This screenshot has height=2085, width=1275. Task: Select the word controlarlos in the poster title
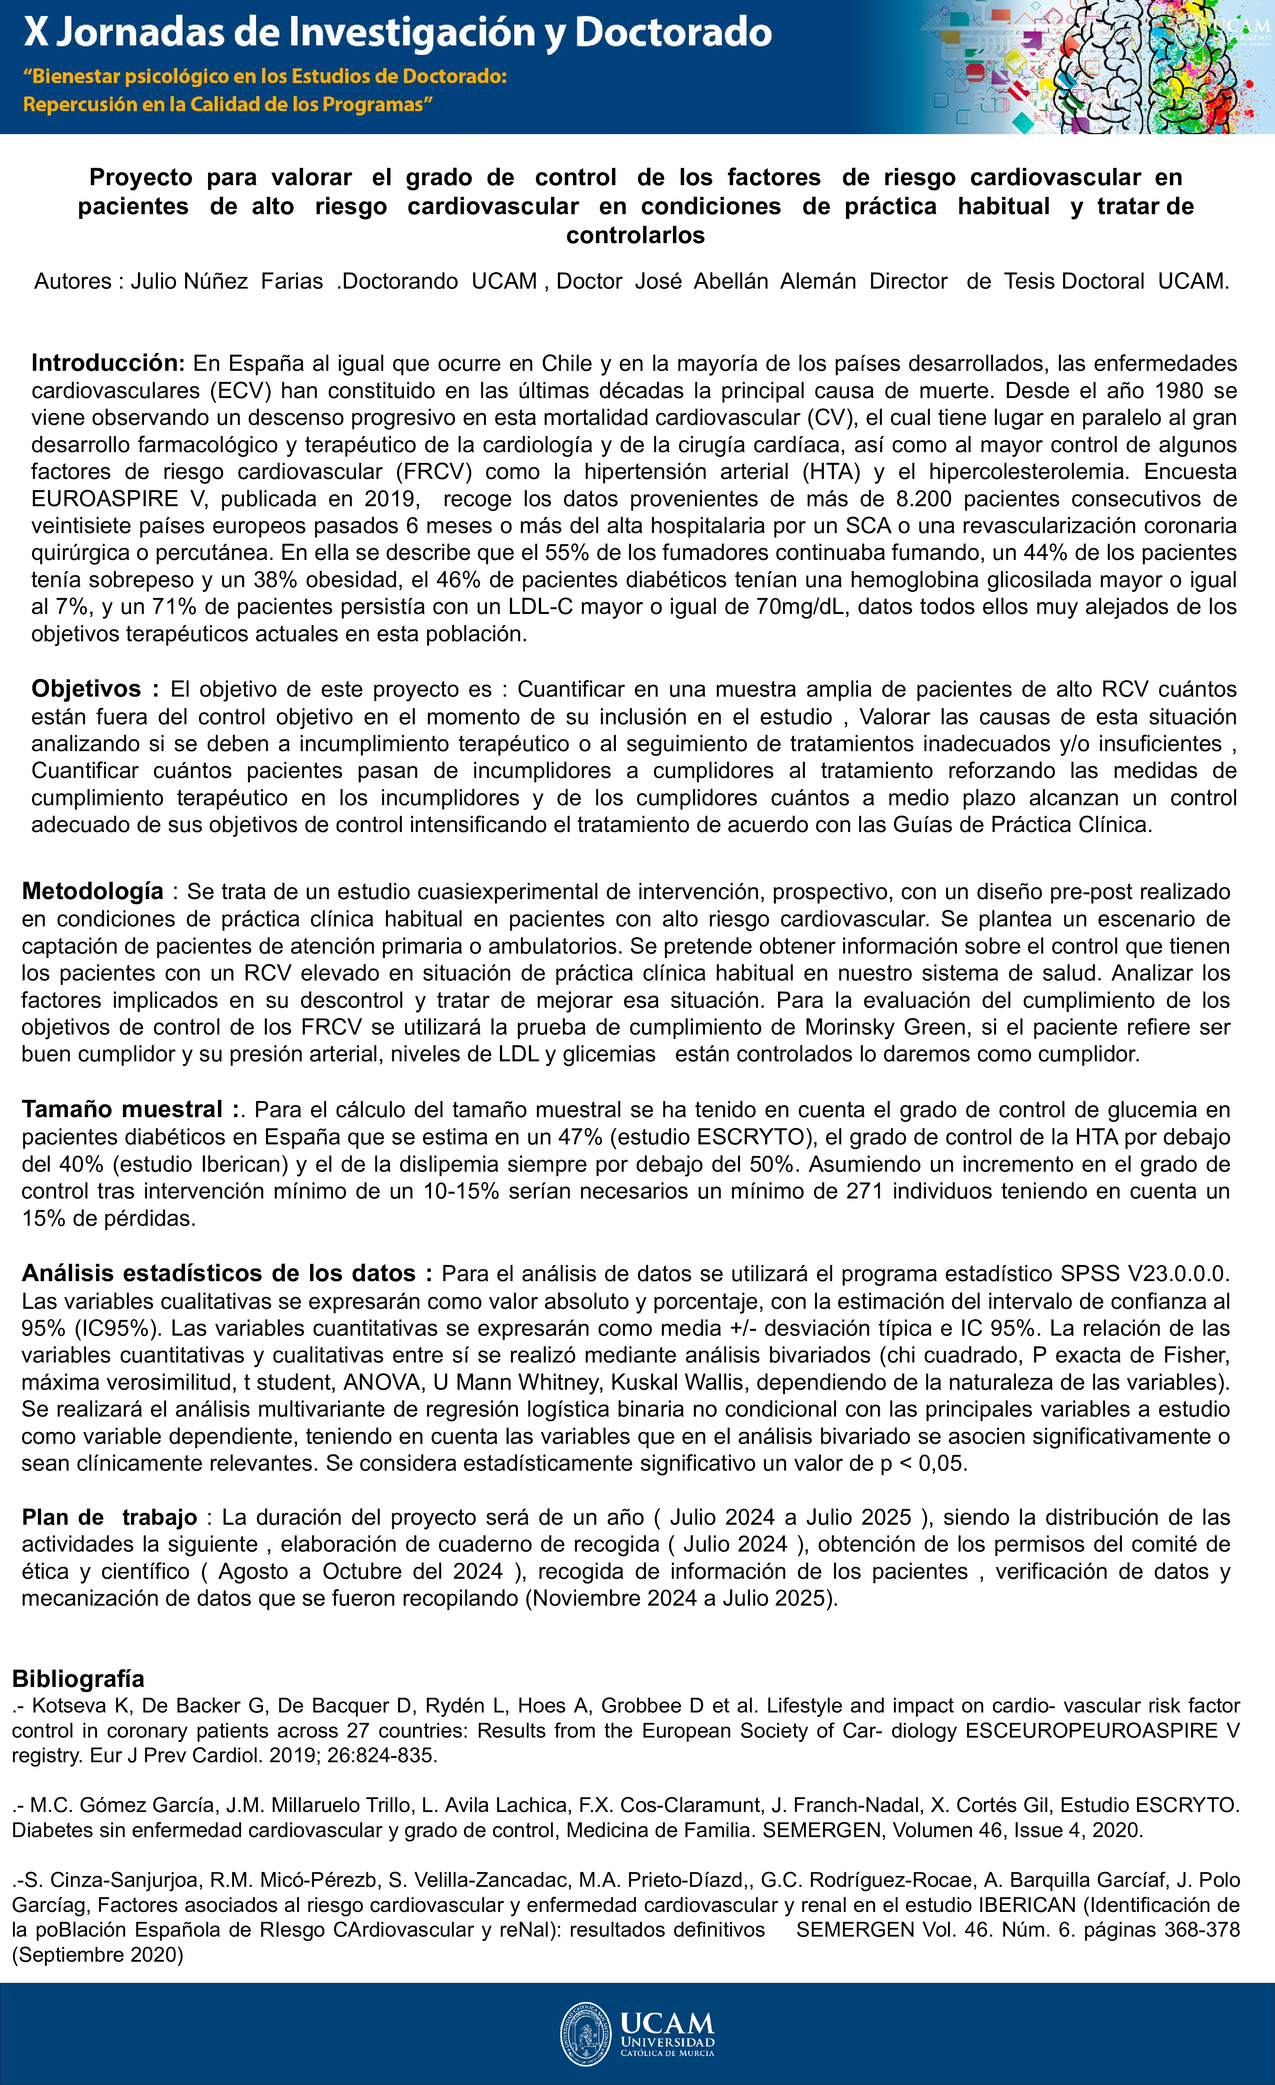635,235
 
